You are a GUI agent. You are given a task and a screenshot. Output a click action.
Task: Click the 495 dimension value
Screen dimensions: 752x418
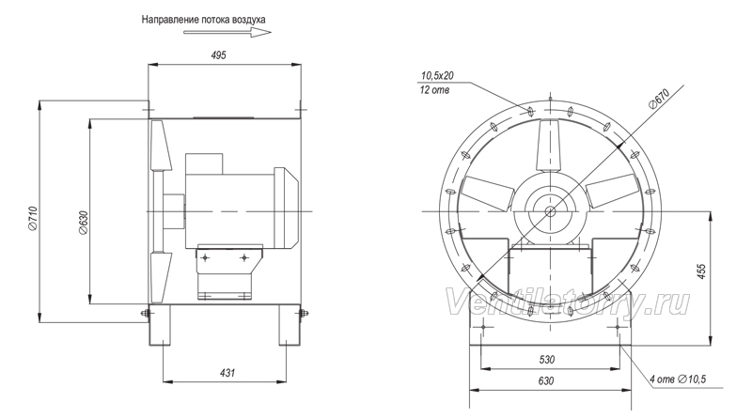[x=218, y=55]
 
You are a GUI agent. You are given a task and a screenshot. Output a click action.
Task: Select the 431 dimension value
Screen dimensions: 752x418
[x=227, y=373]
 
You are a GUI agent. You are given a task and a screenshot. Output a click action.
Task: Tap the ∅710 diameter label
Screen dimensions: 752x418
[x=33, y=217]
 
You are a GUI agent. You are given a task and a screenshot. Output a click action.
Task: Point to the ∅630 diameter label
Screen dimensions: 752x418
[x=84, y=223]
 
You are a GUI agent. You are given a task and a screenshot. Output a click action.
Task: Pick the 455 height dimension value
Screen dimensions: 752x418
[x=701, y=271]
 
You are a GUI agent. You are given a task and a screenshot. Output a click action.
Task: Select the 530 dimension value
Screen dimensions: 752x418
[x=547, y=360]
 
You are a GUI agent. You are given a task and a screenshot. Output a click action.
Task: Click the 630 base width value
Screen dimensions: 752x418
[x=546, y=380]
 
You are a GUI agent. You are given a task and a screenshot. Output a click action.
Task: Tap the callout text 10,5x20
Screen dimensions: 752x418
[x=437, y=76]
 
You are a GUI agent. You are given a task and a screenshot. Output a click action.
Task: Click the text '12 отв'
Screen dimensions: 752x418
[x=434, y=90]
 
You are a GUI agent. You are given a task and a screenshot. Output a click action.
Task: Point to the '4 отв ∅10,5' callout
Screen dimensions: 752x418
[x=678, y=379]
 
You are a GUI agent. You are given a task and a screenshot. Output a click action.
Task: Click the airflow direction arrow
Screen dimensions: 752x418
[x=227, y=33]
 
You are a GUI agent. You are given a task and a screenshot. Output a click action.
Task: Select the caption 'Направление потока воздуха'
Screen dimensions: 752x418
[x=203, y=20]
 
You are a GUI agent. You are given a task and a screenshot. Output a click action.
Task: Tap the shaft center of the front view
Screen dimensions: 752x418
[x=550, y=211]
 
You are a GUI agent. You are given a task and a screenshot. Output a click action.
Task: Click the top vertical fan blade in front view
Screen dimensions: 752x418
[x=550, y=147]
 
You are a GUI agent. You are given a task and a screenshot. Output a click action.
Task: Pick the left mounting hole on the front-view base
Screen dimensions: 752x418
[x=483, y=327]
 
